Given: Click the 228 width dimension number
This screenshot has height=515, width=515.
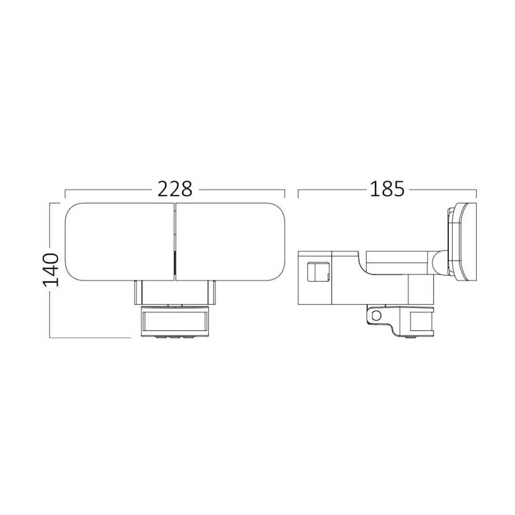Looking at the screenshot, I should [x=175, y=189].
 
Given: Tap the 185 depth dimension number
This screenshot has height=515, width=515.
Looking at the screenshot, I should [x=387, y=189].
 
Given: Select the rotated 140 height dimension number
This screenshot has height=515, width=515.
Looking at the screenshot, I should [x=51, y=270].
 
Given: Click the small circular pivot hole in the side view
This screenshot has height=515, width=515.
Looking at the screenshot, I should [x=377, y=315].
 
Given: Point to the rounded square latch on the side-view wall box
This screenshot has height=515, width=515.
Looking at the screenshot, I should [x=316, y=273].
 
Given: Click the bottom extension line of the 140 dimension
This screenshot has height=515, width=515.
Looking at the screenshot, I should [x=91, y=338].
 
